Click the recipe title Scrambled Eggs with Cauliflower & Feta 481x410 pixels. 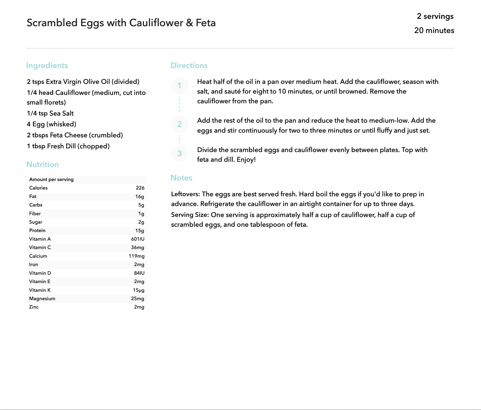121,23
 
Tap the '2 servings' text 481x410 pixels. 435,16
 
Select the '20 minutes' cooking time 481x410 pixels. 434,30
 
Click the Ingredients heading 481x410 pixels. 47,65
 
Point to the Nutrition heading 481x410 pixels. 42,164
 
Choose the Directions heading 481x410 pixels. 189,65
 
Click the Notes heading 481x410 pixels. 181,178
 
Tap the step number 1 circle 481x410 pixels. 180,85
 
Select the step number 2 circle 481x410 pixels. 180,124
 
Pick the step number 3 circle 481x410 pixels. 180,153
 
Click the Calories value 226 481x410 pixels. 140,188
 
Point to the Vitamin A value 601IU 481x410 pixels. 138,239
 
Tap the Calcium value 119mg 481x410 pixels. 136,256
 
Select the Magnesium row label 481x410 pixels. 42,298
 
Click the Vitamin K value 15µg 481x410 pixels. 138,290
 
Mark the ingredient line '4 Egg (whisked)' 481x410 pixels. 52,124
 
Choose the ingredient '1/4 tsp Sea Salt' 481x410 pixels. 50,113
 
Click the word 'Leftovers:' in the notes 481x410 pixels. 186,194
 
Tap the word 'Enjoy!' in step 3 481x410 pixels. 246,159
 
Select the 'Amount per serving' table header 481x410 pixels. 51,179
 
